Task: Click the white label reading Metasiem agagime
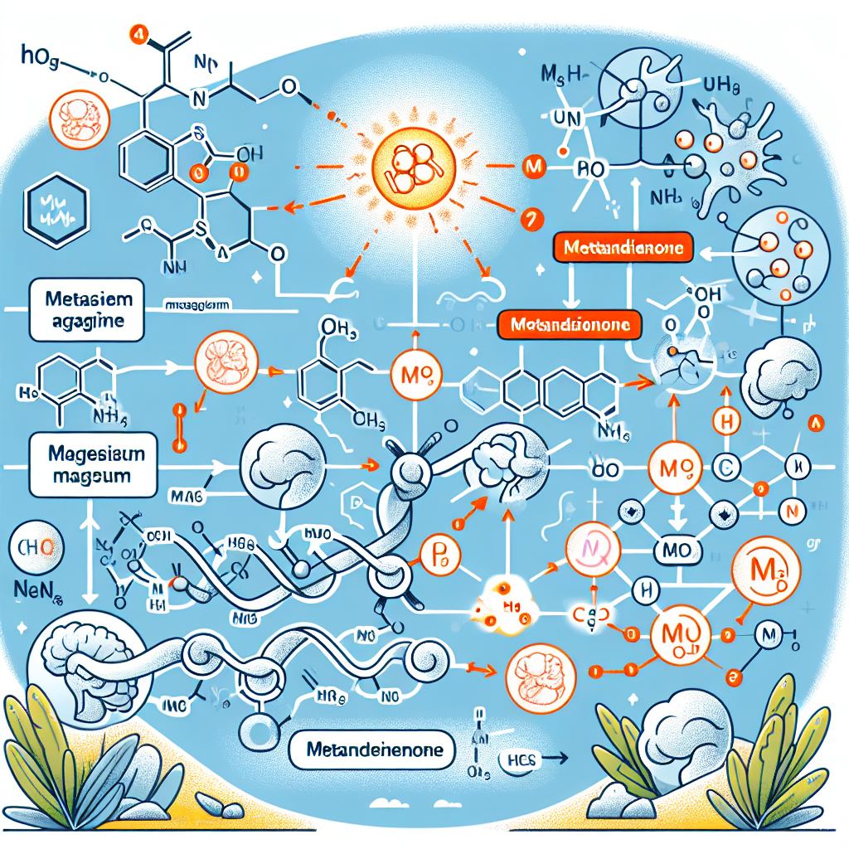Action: click(x=85, y=309)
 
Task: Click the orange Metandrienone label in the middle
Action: click(x=571, y=324)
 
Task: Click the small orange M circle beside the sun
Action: click(x=534, y=169)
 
